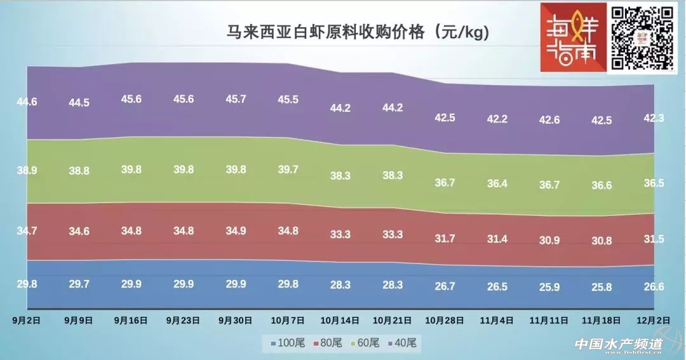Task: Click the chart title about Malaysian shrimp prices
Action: point(358,33)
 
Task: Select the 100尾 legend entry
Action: point(288,343)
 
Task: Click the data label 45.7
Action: point(236,99)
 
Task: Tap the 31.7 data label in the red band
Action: point(445,239)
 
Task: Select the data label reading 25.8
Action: point(602,287)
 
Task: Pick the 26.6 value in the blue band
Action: point(654,287)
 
